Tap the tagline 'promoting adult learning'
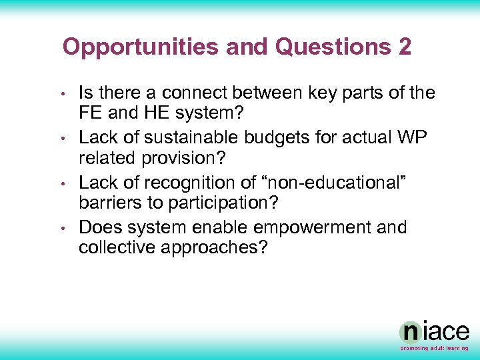click(434, 348)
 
